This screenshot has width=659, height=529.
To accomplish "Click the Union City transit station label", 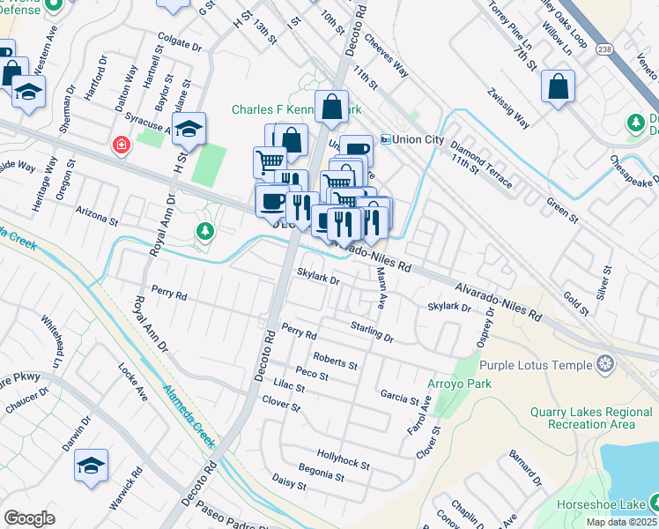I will coord(411,139).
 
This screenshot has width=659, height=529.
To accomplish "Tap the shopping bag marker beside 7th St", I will coord(559,87).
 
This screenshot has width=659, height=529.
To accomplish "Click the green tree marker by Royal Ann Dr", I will coord(204,231).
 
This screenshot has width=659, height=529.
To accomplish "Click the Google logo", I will coord(29,518).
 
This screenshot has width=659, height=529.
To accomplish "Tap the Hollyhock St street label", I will coord(344,459).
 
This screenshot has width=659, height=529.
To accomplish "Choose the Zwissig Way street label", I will coord(510,108).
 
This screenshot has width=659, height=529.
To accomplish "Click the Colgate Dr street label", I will coord(180,38).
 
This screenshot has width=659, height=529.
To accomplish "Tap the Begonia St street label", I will coord(321,472).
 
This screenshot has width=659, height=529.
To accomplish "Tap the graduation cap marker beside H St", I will coord(189,129).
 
